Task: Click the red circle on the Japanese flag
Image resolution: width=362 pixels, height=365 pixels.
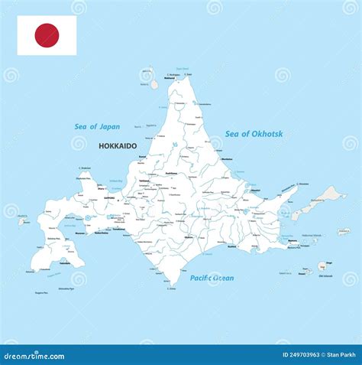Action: [47, 35]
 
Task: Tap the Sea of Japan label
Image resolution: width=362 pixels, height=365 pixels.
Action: [97, 127]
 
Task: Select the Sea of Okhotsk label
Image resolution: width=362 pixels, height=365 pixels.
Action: [254, 134]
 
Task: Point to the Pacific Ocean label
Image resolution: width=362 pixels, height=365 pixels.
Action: [212, 278]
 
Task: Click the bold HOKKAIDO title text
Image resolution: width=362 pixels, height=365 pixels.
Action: [118, 145]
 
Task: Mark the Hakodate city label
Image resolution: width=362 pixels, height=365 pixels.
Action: [65, 262]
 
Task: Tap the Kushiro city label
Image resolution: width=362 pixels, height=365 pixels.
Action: [231, 246]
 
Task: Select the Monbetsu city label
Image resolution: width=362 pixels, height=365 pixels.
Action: [226, 158]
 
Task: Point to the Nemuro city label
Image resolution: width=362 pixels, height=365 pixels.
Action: [293, 240]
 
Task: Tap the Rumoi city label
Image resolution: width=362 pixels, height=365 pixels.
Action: [142, 158]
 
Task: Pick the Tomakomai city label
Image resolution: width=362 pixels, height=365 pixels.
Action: [118, 228]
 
